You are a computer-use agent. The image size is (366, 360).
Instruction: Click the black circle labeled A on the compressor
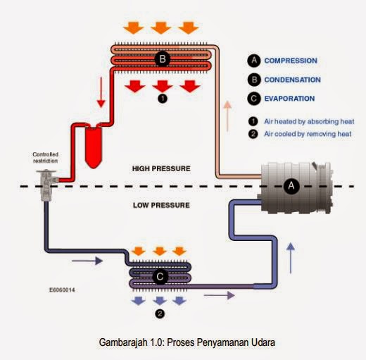[x=291, y=186]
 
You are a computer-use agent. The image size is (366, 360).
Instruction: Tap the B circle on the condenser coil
[x=163, y=58]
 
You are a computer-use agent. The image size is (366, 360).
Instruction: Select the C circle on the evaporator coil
[x=160, y=277]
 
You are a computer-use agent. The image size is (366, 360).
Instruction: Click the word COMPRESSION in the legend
[x=291, y=61]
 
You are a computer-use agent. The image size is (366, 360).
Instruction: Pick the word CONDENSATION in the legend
[x=292, y=80]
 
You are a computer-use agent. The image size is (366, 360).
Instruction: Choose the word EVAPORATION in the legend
[x=289, y=99]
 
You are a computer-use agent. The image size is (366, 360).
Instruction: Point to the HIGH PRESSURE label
[x=161, y=168]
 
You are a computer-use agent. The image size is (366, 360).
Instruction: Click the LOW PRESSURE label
[x=161, y=205]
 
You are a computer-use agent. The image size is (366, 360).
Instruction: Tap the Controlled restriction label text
[x=46, y=158]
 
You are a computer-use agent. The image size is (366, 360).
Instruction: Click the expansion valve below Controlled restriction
[x=46, y=185]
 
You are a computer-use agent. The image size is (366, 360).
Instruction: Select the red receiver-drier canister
[x=94, y=147]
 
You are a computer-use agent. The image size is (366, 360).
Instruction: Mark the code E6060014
[x=62, y=290]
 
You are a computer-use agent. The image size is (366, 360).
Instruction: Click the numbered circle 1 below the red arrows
[x=163, y=99]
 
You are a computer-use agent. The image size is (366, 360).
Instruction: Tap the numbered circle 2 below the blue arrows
[x=160, y=314]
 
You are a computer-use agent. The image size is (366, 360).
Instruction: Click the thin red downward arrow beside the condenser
[x=101, y=92]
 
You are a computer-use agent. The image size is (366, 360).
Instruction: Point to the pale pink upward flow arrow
[x=227, y=116]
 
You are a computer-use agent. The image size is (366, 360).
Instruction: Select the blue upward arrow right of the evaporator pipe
[x=291, y=258]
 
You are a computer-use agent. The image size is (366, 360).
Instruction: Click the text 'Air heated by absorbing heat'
[x=309, y=121]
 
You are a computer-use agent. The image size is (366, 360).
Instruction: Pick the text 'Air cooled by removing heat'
[x=308, y=134]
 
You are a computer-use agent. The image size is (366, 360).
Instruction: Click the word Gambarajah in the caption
[x=124, y=342]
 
